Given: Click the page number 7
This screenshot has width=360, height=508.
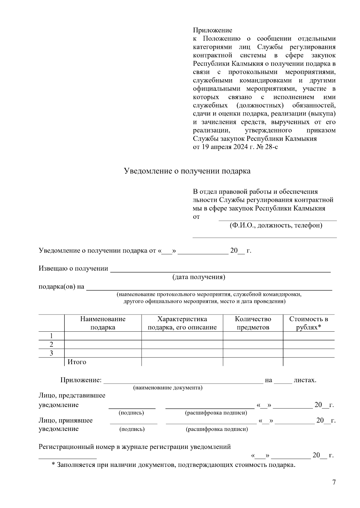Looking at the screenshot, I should point(334,483).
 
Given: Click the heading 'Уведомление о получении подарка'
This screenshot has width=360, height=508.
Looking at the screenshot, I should point(187,171).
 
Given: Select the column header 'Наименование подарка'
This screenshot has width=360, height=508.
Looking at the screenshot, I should point(103,323).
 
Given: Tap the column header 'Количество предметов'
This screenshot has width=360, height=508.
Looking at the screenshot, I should point(253,323).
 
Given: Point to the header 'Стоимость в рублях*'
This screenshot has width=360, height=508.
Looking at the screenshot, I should point(309,323).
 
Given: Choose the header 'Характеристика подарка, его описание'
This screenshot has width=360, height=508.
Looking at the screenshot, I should point(182,323).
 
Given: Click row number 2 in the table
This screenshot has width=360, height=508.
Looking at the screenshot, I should point(51,344).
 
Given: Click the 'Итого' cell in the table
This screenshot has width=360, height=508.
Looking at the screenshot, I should point(77,362).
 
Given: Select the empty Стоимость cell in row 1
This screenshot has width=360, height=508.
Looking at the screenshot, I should point(309,336).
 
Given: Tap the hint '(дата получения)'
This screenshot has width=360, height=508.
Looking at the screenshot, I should point(199,277).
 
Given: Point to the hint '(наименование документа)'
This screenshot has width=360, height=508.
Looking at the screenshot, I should point(168,388).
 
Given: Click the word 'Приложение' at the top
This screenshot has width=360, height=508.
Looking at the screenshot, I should point(212,30).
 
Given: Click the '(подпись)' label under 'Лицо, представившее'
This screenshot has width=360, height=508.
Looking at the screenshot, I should point(131,413).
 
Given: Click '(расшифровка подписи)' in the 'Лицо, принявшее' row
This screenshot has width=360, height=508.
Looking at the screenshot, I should point(217,429).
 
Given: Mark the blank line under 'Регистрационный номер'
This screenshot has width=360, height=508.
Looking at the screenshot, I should point(67,457).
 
